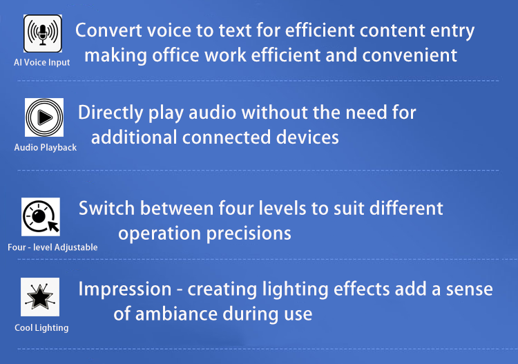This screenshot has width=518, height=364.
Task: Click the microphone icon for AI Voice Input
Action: tap(43, 33)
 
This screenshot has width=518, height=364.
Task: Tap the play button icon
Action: tap(44, 117)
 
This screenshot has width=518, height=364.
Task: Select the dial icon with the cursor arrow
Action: tap(41, 217)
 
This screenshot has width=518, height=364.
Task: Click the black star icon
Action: tap(40, 296)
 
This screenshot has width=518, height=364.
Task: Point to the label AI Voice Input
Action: tap(42, 62)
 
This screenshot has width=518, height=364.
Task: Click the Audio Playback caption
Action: tap(46, 147)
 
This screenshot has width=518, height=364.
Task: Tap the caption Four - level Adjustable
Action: tap(52, 247)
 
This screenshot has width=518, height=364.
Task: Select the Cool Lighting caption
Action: tap(41, 327)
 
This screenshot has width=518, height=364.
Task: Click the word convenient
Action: tap(410, 55)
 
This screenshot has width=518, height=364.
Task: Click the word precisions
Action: tap(249, 234)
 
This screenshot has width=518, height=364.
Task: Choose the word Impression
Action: tap(125, 289)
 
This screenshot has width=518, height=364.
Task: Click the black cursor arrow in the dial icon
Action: tap(53, 227)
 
